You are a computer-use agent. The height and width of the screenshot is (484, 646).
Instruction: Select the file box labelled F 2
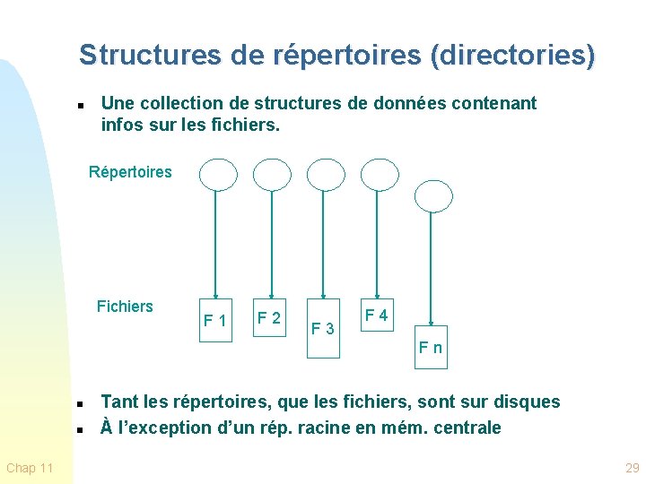[269, 317]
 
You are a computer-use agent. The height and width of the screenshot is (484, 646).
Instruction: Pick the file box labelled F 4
[376, 315]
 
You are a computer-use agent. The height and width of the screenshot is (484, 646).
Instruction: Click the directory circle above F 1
[217, 175]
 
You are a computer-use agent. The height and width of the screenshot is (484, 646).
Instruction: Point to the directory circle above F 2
[272, 175]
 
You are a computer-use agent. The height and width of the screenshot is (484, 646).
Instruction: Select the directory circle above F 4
[379, 175]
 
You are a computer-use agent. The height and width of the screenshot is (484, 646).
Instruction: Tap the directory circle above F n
[433, 195]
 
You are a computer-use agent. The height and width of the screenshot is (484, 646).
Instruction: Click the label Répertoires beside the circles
[130, 172]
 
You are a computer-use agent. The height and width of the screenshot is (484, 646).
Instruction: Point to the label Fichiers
[125, 307]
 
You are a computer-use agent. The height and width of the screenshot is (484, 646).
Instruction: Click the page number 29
[633, 468]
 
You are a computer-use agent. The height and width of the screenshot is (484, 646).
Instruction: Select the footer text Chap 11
[30, 468]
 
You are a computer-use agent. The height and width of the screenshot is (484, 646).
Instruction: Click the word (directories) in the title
[512, 56]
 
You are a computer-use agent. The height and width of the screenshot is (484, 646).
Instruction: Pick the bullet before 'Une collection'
[80, 106]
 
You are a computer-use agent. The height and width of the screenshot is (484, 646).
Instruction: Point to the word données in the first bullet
[391, 103]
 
